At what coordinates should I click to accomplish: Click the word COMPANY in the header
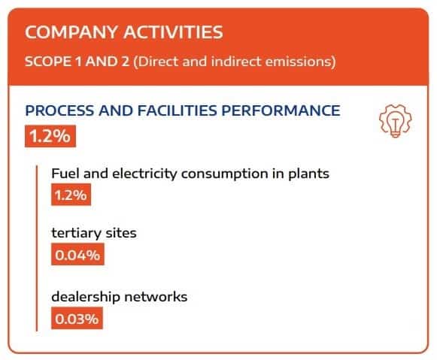71,32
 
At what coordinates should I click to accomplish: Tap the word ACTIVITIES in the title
173,32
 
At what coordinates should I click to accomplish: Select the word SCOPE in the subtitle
48,62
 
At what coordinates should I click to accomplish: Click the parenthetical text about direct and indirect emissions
235,62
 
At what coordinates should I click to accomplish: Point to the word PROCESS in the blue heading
59,110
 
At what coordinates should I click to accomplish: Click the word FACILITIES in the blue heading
177,110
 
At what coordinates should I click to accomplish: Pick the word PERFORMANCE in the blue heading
281,110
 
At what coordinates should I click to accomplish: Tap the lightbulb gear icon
395,121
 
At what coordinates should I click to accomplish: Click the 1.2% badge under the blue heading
50,136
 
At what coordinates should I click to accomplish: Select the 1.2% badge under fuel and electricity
71,195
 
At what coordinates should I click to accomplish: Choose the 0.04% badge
77,254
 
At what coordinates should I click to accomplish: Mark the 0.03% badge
77,318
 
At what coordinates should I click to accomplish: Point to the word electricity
144,174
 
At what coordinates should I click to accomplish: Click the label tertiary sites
94,233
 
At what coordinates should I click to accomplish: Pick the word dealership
86,297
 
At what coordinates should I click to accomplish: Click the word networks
156,297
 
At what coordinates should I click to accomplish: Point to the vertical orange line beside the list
37,248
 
